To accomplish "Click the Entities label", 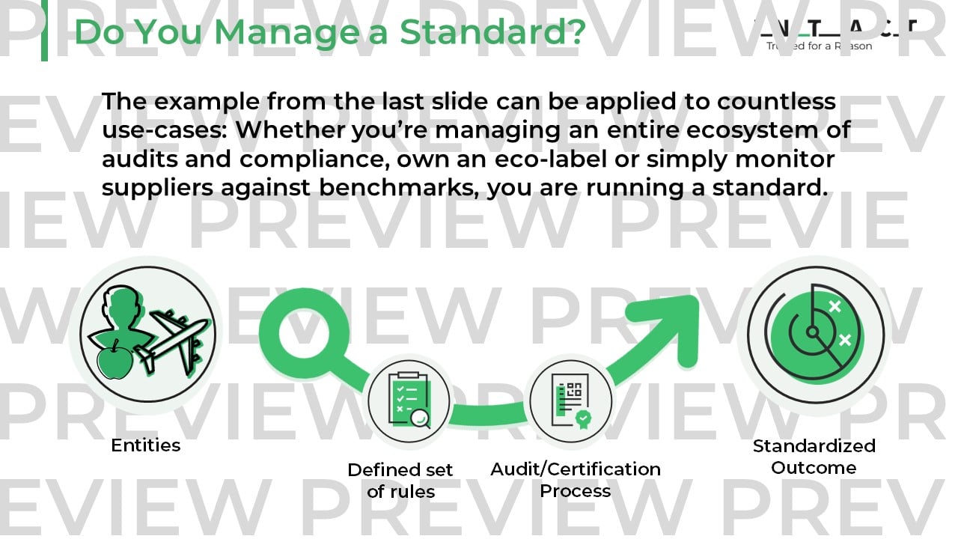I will pos(146,445).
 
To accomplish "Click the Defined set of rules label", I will pos(400,481).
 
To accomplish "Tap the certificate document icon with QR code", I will pos(570,404).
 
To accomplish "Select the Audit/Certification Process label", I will pos(576,480).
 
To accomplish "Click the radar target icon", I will pos(815,330).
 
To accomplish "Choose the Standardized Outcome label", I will pos(814,457).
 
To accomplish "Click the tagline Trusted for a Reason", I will pos(819,46).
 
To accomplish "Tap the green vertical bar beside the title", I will pos(44,30).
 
